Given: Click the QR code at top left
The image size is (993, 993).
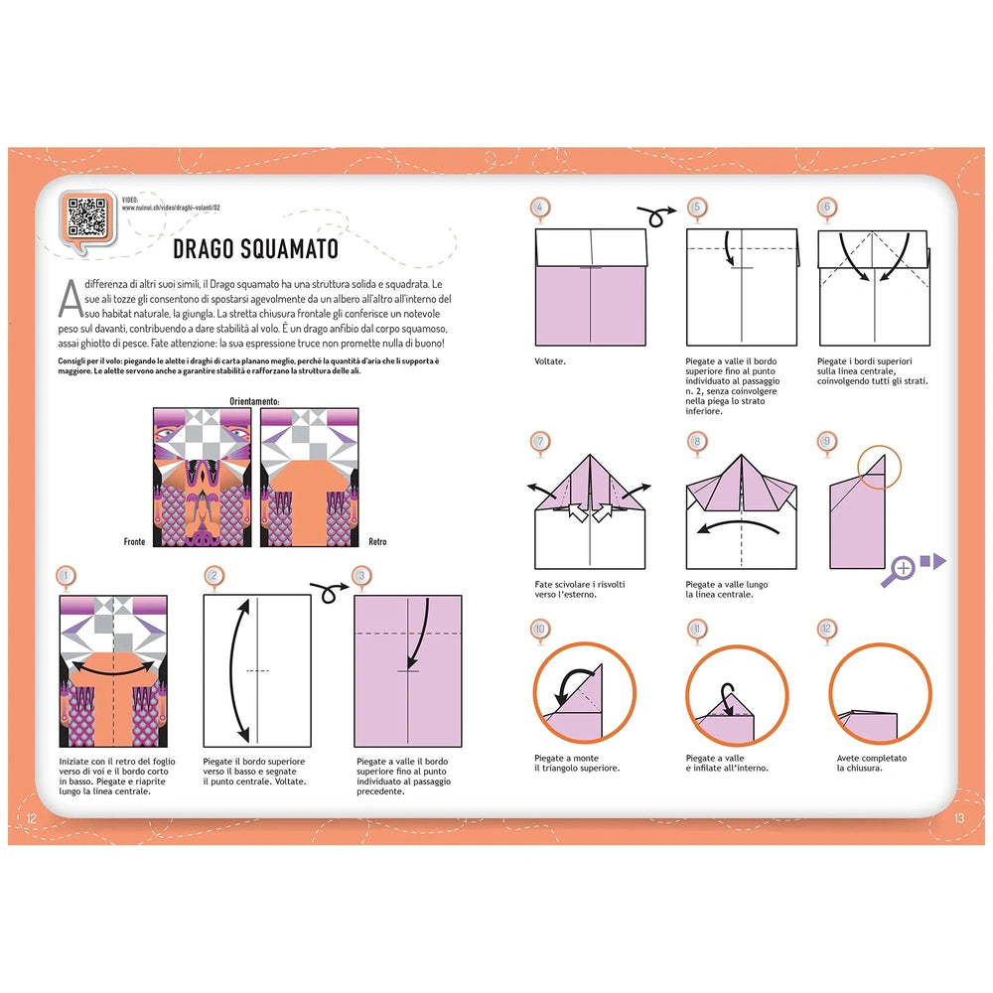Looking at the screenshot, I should (87, 213).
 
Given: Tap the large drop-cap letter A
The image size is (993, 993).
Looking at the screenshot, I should (69, 295).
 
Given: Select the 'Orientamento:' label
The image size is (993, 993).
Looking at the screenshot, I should (254, 402).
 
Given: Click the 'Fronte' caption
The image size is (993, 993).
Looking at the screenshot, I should (134, 541).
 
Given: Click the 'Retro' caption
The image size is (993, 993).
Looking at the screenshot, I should (377, 541).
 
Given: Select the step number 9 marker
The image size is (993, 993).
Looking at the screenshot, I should (826, 441).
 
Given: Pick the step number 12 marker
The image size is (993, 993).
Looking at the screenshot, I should (826, 629).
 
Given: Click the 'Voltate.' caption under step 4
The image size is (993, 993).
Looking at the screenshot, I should (550, 361).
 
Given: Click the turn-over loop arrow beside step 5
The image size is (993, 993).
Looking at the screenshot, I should (655, 211).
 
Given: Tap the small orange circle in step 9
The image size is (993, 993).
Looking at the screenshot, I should (880, 466).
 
